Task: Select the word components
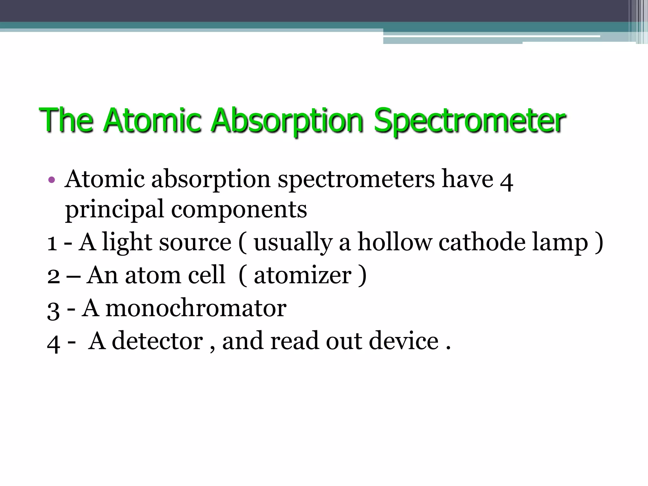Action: tap(239, 209)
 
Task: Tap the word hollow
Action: tap(394, 242)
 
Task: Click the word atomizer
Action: tap(302, 275)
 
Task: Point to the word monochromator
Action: tap(196, 308)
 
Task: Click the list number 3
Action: tap(53, 310)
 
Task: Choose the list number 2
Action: tap(53, 276)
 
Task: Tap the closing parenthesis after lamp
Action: tap(599, 243)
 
